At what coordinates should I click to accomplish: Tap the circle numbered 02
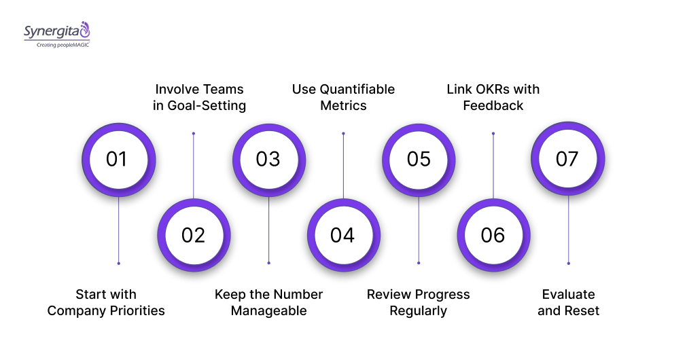(x=194, y=235)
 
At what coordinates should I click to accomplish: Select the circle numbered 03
(x=268, y=159)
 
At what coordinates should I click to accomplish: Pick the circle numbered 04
(x=343, y=235)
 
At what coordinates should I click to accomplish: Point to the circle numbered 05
(x=419, y=159)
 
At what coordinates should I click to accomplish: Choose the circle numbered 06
(x=493, y=235)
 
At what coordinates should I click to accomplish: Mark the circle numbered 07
(x=567, y=159)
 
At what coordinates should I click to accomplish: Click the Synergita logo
(x=56, y=31)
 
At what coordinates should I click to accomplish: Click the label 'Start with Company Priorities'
(x=106, y=302)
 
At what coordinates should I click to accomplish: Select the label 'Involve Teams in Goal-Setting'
(x=199, y=97)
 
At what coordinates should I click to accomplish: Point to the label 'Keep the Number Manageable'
(x=268, y=302)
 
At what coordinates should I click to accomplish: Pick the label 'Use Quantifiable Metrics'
(x=343, y=97)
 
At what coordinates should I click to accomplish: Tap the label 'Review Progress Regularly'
(x=418, y=302)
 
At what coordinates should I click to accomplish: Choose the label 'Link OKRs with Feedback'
(x=493, y=97)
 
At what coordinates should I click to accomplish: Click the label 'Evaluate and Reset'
(x=568, y=302)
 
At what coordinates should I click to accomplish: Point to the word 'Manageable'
(x=268, y=311)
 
